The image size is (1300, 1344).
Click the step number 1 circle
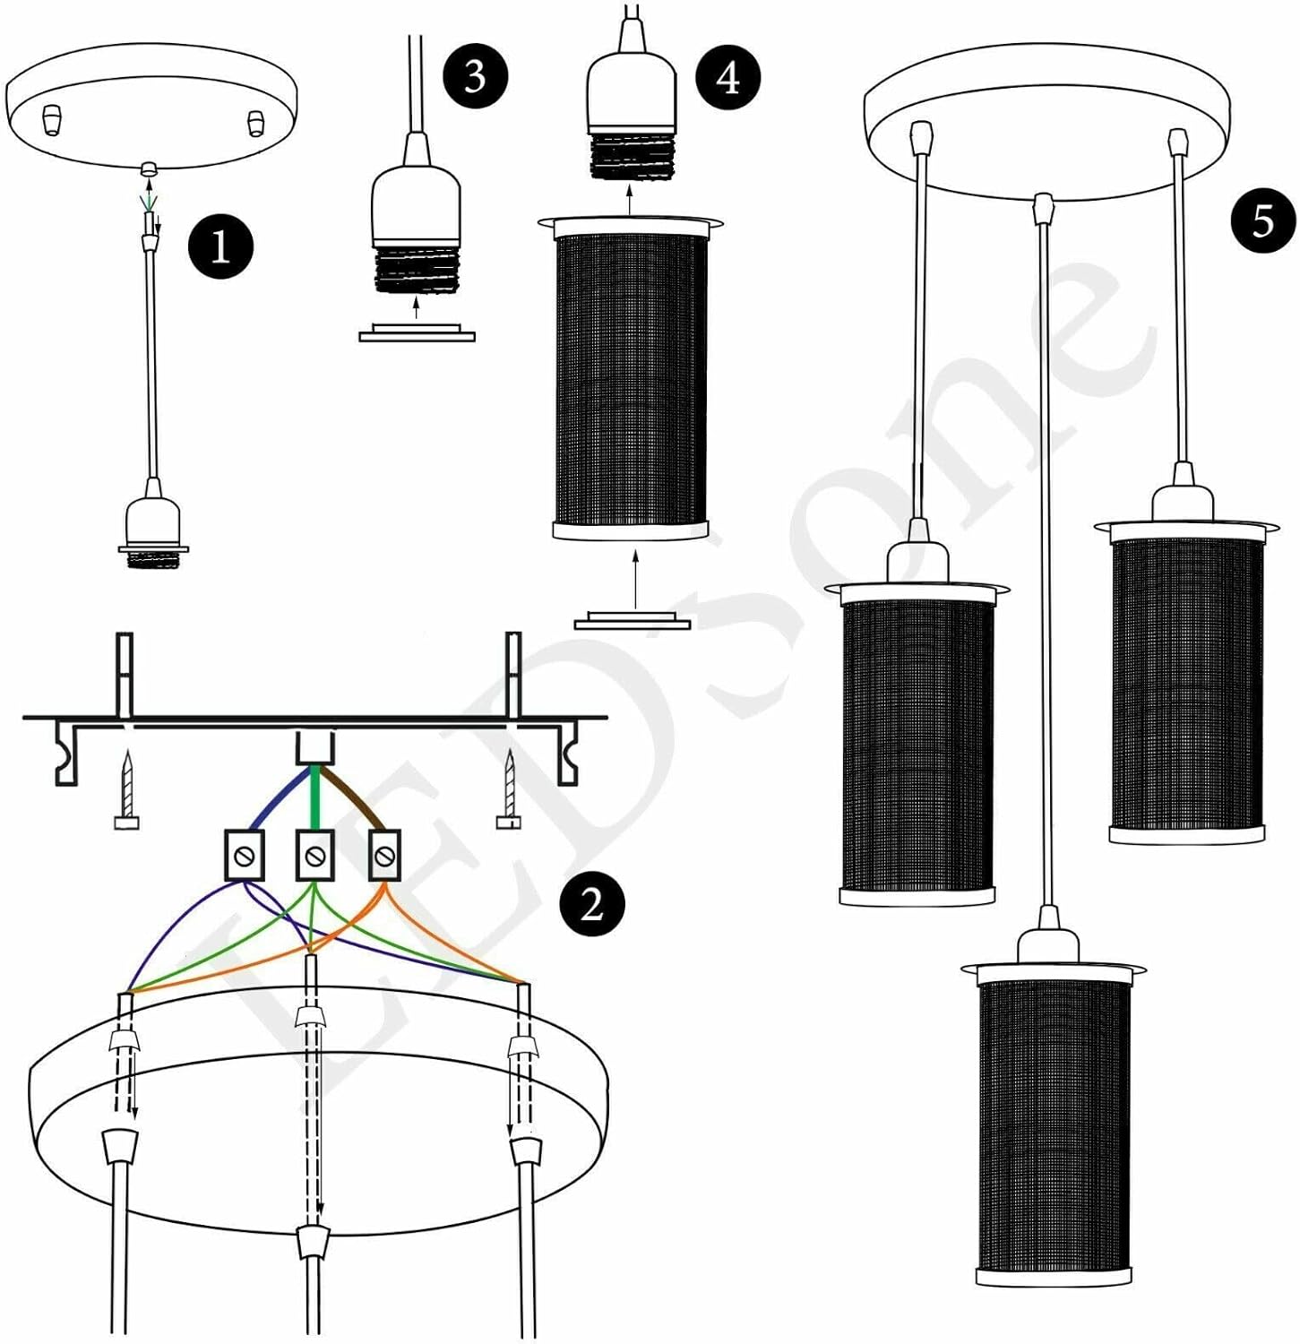[220, 246]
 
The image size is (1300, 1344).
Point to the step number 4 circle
[727, 77]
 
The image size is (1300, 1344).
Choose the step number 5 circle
[1262, 220]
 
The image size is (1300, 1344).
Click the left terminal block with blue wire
[243, 855]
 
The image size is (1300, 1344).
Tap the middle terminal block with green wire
[314, 855]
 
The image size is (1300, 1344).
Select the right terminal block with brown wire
[384, 855]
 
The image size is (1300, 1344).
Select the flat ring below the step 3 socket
[417, 333]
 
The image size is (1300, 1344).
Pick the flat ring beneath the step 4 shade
[633, 620]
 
